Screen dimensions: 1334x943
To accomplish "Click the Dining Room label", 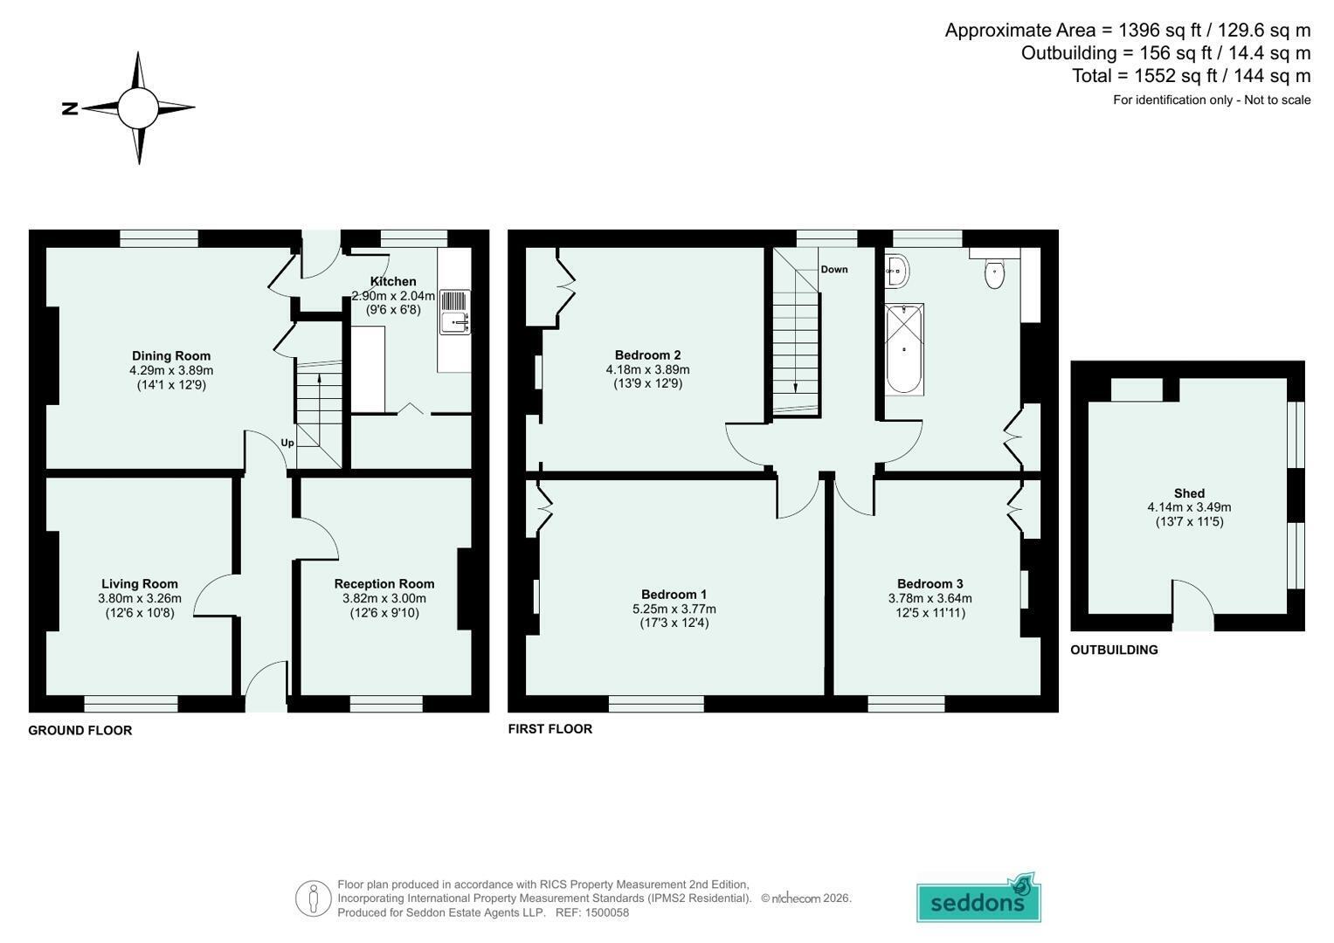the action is click(x=171, y=355).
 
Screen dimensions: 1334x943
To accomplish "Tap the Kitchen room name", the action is click(x=393, y=281).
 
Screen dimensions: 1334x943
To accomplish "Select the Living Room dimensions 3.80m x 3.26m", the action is click(x=140, y=598).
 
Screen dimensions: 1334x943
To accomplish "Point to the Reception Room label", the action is click(x=384, y=584).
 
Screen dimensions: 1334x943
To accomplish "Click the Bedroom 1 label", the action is click(x=674, y=594).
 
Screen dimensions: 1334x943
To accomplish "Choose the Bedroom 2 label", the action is click(x=648, y=355).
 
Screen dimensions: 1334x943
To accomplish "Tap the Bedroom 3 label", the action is click(x=930, y=584).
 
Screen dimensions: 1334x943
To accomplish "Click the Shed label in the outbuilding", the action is click(x=1189, y=493).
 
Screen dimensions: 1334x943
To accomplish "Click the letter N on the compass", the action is click(x=70, y=108).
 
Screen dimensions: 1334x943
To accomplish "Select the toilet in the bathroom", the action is click(x=994, y=273).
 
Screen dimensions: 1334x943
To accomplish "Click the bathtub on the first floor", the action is click(x=904, y=349).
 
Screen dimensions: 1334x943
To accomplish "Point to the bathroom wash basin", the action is click(x=897, y=272).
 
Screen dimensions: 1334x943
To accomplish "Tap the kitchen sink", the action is click(x=455, y=313).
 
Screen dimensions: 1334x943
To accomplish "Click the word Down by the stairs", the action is click(x=834, y=269).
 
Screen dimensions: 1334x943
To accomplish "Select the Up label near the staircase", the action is click(x=287, y=443).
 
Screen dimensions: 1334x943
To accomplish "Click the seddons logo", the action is click(x=978, y=899).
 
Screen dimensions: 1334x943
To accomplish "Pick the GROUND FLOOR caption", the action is click(x=80, y=731).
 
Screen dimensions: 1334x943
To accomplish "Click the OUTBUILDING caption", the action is click(x=1114, y=650).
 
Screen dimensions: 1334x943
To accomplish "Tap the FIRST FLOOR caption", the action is click(x=550, y=729).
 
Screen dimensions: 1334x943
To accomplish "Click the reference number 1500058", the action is click(x=607, y=912).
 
